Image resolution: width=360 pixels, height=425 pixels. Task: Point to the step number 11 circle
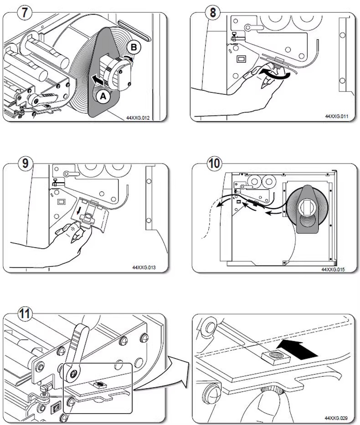(x=26, y=314)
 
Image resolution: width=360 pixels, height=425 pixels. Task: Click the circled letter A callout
(x=103, y=96)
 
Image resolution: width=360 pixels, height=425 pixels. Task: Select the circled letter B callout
(x=134, y=47)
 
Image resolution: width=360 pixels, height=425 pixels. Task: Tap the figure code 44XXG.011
(x=336, y=117)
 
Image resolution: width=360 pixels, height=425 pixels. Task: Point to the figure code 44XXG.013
(x=144, y=267)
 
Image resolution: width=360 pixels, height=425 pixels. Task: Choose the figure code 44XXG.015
(x=333, y=269)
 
